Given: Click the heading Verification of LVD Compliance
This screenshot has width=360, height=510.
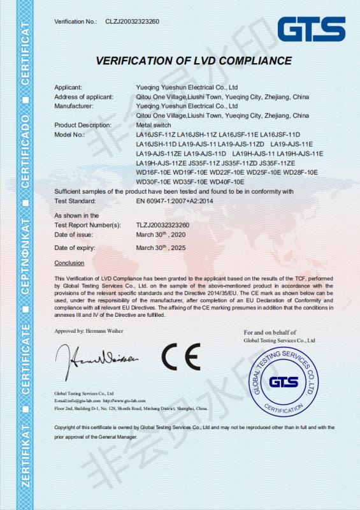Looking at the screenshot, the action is click(194, 61).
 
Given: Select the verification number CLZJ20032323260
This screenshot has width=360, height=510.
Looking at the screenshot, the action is click(132, 22).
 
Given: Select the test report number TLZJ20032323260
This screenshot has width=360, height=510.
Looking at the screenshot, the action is click(162, 225).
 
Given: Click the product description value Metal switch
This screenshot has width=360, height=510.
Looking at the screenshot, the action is click(154, 125).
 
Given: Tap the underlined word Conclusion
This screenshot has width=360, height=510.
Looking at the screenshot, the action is click(69, 263).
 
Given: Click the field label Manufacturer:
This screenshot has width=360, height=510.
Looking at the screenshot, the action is click(74, 106).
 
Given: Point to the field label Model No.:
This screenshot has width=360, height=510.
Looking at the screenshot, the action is click(69, 135).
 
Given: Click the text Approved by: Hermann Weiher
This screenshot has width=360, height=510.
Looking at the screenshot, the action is click(89, 331).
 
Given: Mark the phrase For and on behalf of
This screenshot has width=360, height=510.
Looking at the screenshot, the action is click(270, 333).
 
